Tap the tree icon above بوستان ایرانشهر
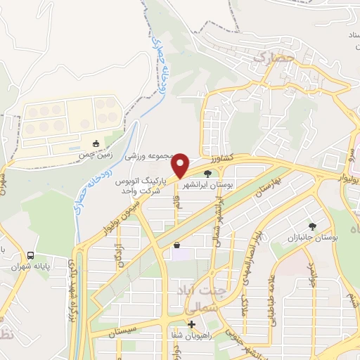[x=207, y=173]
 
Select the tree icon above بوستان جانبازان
[x=311, y=226]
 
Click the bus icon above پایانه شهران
[x=30, y=256]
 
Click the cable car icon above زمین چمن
[x=96, y=144]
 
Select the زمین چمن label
[x=96, y=155]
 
